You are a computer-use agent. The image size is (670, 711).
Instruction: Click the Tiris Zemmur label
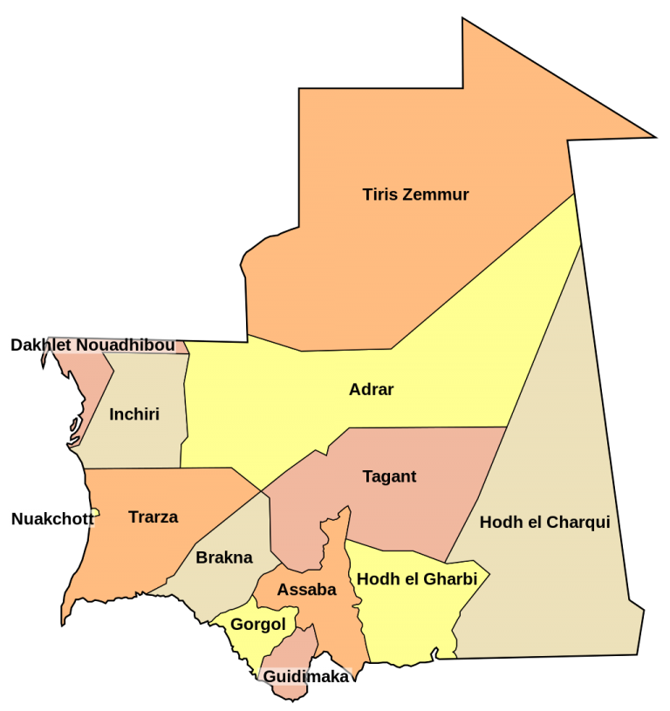415,195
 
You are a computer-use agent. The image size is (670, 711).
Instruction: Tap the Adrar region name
371,389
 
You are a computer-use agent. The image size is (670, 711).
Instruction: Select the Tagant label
389,476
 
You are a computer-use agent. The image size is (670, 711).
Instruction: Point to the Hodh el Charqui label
544,523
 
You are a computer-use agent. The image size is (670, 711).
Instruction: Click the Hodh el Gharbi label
417,579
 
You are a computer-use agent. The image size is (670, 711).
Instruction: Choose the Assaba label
306,590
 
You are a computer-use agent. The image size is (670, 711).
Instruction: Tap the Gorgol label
258,625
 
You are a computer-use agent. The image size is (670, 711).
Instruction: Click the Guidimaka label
306,676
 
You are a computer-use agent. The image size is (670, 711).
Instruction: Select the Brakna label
224,557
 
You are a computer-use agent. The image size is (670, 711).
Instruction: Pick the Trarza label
153,516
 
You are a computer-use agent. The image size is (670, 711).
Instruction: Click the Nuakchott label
51,519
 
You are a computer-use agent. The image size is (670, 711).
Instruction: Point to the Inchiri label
134,414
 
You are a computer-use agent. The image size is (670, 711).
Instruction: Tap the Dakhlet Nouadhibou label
92,345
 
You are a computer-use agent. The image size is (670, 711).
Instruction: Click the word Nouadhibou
125,345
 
